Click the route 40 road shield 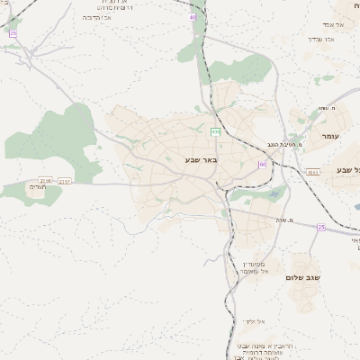click(x=192, y=17)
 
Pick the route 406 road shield click(x=216, y=132)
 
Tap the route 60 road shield click(x=263, y=164)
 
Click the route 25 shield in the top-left click(x=13, y=33)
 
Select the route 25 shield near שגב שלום click(x=321, y=228)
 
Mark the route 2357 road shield click(x=65, y=181)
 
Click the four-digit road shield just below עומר click(x=312, y=172)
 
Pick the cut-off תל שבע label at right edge click(x=346, y=169)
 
